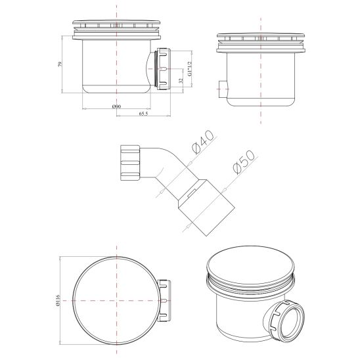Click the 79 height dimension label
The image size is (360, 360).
pyautogui.click(x=60, y=64)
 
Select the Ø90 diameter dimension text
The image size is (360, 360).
pyautogui.click(x=116, y=106)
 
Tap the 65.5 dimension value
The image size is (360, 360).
pyautogui.click(x=143, y=114)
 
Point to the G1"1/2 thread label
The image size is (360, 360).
pyautogui.click(x=190, y=68)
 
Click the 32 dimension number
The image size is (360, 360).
pyautogui.click(x=181, y=81)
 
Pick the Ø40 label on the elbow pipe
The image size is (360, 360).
pyautogui.click(x=203, y=142)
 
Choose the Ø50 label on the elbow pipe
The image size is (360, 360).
pyautogui.click(x=244, y=162)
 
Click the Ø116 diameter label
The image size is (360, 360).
pyautogui.click(x=57, y=300)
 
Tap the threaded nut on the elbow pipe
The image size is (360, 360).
pyautogui.click(x=130, y=162)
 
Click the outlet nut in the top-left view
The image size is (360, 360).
pyautogui.click(x=164, y=68)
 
